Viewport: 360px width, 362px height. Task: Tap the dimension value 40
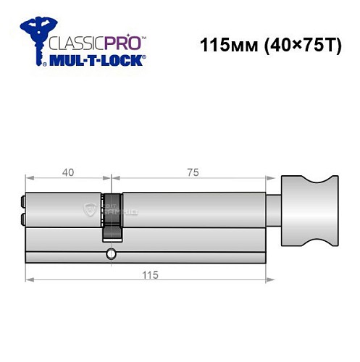67,173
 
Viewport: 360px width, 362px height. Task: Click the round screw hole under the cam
110,253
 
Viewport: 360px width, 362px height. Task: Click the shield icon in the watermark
89,210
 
